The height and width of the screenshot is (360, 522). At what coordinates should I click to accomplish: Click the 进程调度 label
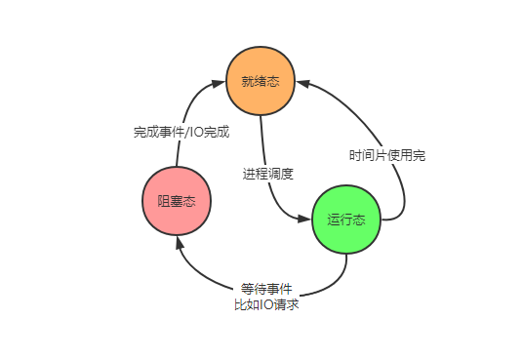pyautogui.click(x=268, y=173)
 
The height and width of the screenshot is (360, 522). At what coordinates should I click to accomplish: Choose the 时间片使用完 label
pyautogui.click(x=387, y=155)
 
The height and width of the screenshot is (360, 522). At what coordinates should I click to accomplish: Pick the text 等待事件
pyautogui.click(x=266, y=289)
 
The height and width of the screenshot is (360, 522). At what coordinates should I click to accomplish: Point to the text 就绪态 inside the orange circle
pyautogui.click(x=261, y=81)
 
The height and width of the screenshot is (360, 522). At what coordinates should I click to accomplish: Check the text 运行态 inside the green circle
pyautogui.click(x=346, y=220)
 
